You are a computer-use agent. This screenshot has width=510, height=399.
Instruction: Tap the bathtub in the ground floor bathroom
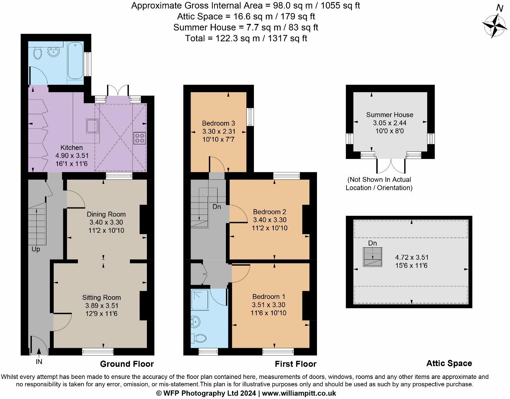coord(75,61)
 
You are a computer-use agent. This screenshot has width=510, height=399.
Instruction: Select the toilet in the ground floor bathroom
coord(37,53)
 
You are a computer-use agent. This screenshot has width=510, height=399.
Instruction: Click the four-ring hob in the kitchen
coord(140,138)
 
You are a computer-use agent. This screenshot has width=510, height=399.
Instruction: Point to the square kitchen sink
coord(92,126)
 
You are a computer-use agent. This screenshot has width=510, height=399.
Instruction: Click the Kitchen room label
coord(72,148)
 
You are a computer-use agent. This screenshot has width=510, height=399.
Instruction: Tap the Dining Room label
coord(106,214)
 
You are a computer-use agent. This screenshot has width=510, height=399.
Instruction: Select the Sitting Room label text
coord(102,298)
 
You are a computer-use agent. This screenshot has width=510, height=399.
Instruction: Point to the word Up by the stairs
coord(36,249)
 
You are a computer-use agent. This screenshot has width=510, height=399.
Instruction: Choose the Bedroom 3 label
coord(218,123)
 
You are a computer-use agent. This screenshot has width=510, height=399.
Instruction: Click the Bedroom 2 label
coord(270,212)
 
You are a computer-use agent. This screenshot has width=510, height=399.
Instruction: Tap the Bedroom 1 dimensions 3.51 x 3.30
coord(269,305)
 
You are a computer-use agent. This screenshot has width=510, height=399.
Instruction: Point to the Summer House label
coord(389,115)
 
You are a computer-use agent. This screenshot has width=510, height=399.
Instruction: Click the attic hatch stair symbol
coord(372,257)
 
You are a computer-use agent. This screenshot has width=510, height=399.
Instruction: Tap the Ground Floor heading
coord(127,364)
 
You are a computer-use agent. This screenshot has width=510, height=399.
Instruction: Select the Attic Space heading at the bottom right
coord(449,363)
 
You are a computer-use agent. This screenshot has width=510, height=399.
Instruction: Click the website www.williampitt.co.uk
coord(299,393)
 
